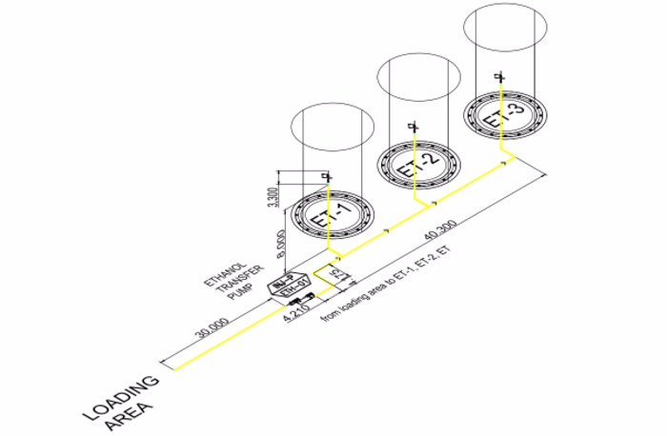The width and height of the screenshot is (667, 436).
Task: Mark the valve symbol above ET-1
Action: pos(328,177)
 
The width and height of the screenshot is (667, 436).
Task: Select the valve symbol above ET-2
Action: pos(413,126)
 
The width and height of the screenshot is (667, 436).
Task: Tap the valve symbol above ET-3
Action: pos(499,75)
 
